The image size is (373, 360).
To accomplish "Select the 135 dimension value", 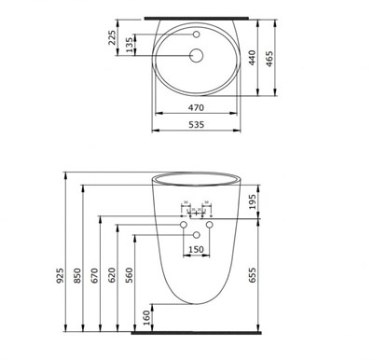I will pyautogui.click(x=130, y=46).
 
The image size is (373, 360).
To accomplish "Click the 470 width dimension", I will pyautogui.click(x=197, y=107).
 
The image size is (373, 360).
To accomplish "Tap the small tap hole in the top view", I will pyautogui.click(x=197, y=35).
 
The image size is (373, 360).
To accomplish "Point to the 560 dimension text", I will pyautogui.click(x=130, y=277).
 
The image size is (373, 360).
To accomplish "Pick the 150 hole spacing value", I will pyautogui.click(x=197, y=250).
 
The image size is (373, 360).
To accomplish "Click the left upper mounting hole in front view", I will pyautogui.click(x=184, y=226).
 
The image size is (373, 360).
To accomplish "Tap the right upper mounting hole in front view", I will pyautogui.click(x=210, y=226).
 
